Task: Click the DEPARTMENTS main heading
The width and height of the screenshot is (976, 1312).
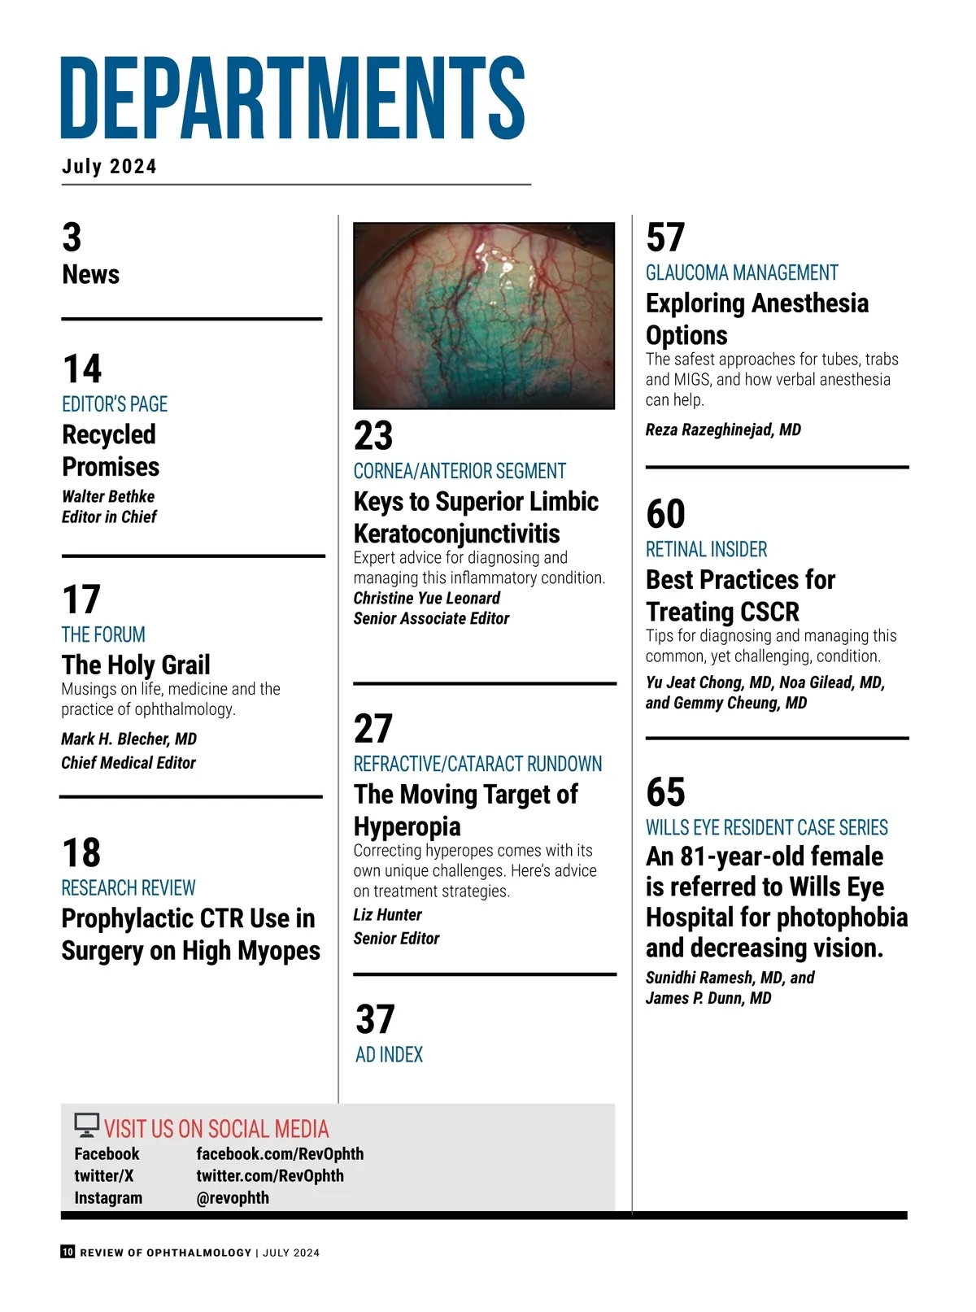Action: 293,98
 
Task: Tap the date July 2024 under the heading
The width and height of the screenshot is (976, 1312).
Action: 109,167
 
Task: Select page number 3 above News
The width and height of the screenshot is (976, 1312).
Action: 72,238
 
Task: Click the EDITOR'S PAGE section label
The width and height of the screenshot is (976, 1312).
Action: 115,404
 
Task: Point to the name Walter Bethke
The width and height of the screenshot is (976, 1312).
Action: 108,496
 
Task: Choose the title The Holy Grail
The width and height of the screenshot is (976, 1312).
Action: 136,665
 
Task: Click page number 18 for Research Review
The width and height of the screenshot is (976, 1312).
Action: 81,853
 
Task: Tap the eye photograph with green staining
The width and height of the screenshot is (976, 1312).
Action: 484,316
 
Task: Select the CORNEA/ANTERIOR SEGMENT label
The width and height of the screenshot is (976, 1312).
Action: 460,471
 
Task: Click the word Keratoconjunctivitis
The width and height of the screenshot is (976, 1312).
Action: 456,534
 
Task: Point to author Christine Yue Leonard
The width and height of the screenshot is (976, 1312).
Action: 427,598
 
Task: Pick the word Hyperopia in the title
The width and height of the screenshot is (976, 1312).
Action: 407,826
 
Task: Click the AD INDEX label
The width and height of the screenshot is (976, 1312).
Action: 390,1055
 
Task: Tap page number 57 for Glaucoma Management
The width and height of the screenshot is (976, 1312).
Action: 665,238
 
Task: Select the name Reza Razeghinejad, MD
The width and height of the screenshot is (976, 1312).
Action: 723,429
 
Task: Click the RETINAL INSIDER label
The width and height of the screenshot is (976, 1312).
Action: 706,549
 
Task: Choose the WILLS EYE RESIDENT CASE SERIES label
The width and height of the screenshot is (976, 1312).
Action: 766,827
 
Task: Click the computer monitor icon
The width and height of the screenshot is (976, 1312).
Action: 86,1125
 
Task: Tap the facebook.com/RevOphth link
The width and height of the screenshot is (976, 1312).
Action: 280,1154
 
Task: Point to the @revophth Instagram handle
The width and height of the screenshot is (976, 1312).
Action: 233,1198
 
